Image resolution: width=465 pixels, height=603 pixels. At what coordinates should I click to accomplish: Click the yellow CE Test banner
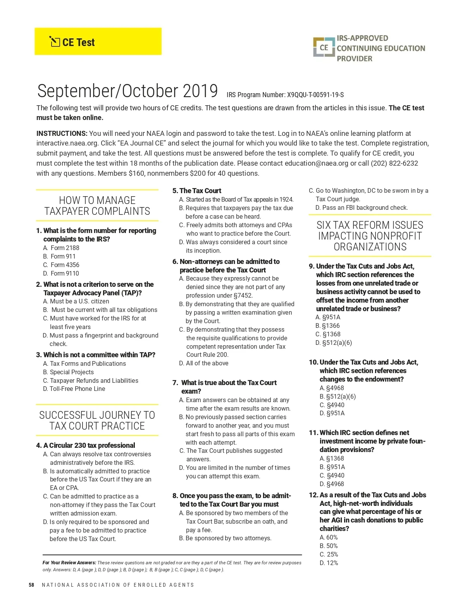pos(98,41)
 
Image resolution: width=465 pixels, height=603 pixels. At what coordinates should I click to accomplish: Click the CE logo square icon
pos(324,48)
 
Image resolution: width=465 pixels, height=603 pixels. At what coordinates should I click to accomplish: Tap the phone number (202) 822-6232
pos(394,163)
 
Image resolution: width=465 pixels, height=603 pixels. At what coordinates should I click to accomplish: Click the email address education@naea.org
pos(316,163)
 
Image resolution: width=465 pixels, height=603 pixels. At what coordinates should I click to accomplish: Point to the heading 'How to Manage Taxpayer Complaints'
pos(97,206)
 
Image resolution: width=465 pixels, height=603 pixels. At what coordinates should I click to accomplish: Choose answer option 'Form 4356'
pos(65,265)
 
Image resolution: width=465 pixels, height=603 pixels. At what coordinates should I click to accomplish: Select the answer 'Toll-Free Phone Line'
pos(77,389)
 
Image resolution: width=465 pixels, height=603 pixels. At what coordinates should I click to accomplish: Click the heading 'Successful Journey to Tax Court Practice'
pos(97,420)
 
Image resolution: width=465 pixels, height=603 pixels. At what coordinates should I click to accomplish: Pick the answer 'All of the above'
pos(207,363)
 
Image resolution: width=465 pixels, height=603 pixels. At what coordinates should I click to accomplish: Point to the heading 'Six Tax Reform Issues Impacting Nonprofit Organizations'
pos(370,236)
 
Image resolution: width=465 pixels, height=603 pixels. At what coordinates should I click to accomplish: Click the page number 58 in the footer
pos(31,585)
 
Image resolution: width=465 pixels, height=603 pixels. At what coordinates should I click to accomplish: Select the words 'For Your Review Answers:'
pos(69,563)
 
